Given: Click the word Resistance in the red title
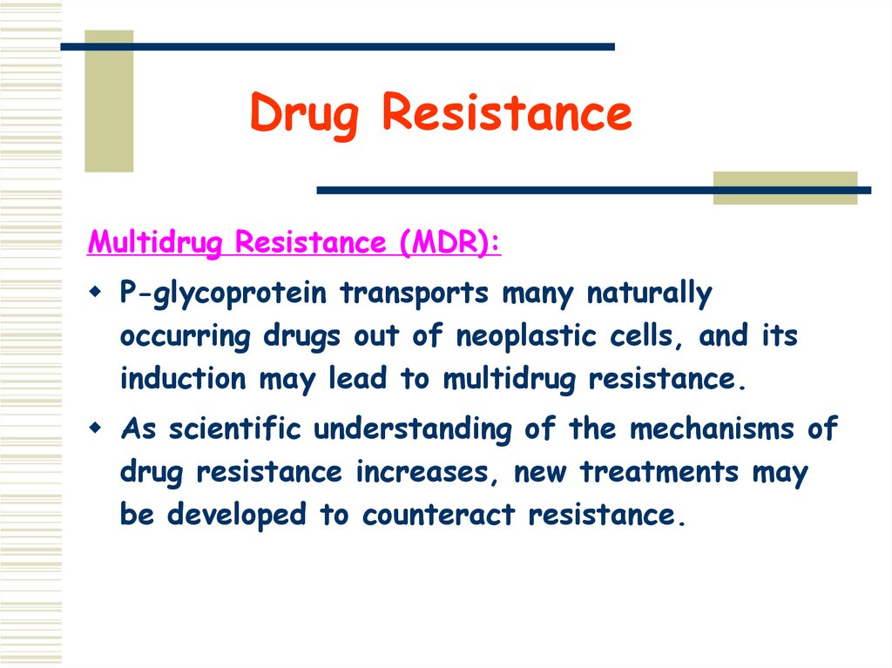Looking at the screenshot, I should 507,113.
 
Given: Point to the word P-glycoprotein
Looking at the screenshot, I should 225,294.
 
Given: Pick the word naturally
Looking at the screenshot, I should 649,294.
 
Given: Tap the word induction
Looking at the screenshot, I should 183,379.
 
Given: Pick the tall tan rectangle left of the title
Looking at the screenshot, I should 109,101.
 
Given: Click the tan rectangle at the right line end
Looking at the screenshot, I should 785,188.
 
